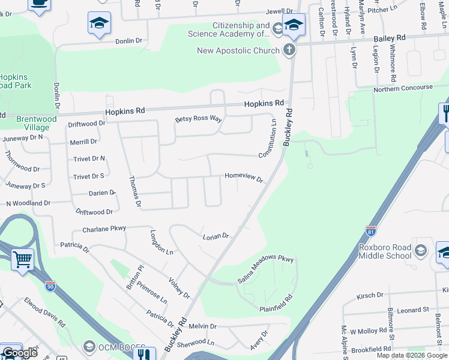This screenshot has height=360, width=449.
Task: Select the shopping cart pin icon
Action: point(22,260)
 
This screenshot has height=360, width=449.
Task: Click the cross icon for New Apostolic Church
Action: point(289,50)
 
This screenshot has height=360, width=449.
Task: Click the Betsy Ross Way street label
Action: point(199,119)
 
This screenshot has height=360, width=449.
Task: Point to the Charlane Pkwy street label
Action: point(104,229)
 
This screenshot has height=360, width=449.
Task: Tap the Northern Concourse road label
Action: point(403,88)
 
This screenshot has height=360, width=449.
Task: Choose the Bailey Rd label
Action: point(390,38)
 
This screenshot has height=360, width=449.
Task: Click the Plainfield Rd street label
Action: point(276,303)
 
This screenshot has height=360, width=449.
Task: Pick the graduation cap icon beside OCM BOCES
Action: point(89,346)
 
